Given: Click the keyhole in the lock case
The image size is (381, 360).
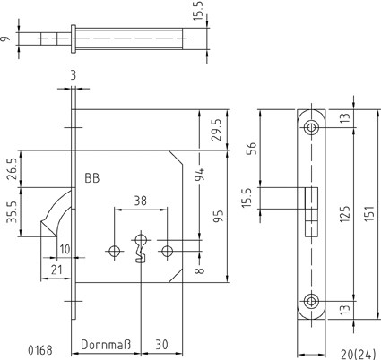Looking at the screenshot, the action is tap(141, 248).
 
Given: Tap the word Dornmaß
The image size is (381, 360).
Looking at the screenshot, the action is tap(106, 345).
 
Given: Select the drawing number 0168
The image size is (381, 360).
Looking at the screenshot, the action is tap(40, 350).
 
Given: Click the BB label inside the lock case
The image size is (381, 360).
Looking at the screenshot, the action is tap(92, 178).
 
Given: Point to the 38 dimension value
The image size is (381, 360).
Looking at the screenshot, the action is tap(140, 201).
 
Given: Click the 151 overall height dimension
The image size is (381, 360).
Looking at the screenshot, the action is tap(369, 213).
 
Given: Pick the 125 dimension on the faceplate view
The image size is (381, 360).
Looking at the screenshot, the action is tap(345, 213).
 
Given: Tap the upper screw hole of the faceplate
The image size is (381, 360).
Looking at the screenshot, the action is tap(311, 128).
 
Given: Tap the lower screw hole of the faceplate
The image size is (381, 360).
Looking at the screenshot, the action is tap(311, 301).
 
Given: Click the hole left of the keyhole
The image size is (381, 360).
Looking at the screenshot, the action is tap(114, 251).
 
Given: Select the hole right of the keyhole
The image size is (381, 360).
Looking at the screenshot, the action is tap(167, 251).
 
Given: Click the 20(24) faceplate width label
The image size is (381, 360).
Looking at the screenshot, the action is tap(358, 355).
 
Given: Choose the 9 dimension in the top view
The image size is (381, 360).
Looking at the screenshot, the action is tap(5, 39).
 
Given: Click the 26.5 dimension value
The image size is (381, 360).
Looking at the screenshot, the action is tap(13, 168).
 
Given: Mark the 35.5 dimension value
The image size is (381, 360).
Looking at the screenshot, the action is tap(13, 212).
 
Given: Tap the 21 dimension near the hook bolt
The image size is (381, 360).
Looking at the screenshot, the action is tap(56, 270).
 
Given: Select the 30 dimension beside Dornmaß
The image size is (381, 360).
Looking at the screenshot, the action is tap(161, 345).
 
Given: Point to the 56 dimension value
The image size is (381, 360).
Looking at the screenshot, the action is tap(253, 148).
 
